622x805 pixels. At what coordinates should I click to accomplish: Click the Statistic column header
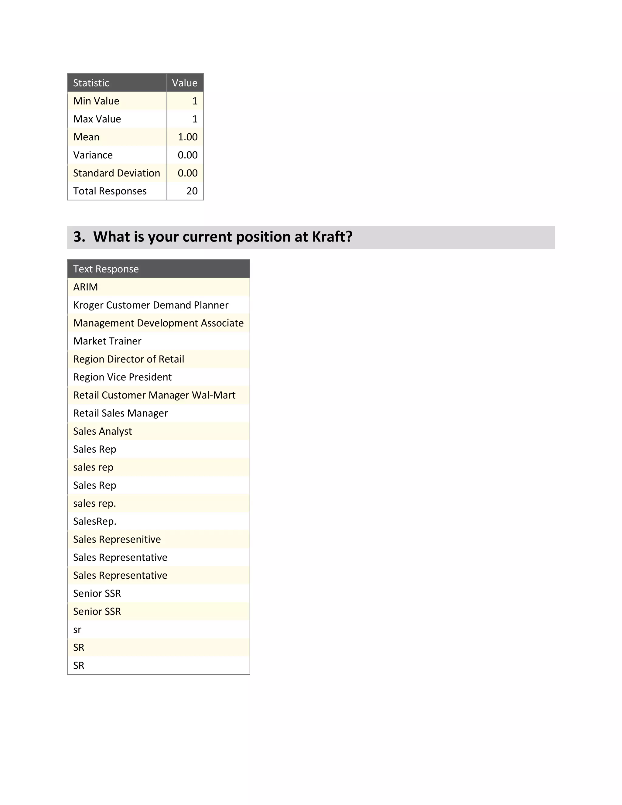[x=91, y=83]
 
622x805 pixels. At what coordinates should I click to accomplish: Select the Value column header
[x=185, y=83]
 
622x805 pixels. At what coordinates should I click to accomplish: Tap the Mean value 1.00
[x=188, y=137]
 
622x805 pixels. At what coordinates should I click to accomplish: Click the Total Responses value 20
[x=192, y=191]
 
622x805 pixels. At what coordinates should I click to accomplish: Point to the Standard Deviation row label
[x=116, y=173]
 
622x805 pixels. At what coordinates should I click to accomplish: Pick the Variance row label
[x=93, y=155]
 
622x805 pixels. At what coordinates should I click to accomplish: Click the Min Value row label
[x=96, y=101]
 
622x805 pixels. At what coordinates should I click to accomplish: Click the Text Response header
[x=106, y=269]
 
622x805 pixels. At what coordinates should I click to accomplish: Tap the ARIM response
[x=85, y=287]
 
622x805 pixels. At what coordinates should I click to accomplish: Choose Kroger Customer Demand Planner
[x=151, y=305]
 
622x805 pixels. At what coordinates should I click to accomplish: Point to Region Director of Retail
[x=128, y=359]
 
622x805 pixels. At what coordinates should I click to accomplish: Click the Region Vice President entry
[x=122, y=377]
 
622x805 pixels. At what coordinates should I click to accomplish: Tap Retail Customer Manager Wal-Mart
[x=154, y=395]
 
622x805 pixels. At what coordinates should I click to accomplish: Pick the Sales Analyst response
[x=102, y=431]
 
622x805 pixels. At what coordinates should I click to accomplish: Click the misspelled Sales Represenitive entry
[x=117, y=540]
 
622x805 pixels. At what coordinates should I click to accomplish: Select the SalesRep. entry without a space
[x=95, y=522]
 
